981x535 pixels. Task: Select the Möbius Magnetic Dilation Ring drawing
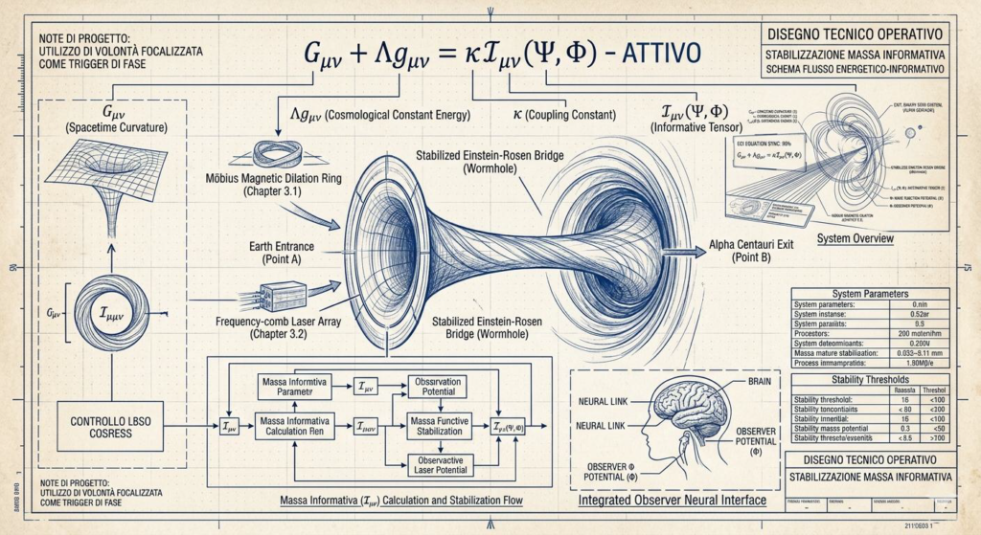[x=281, y=155]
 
